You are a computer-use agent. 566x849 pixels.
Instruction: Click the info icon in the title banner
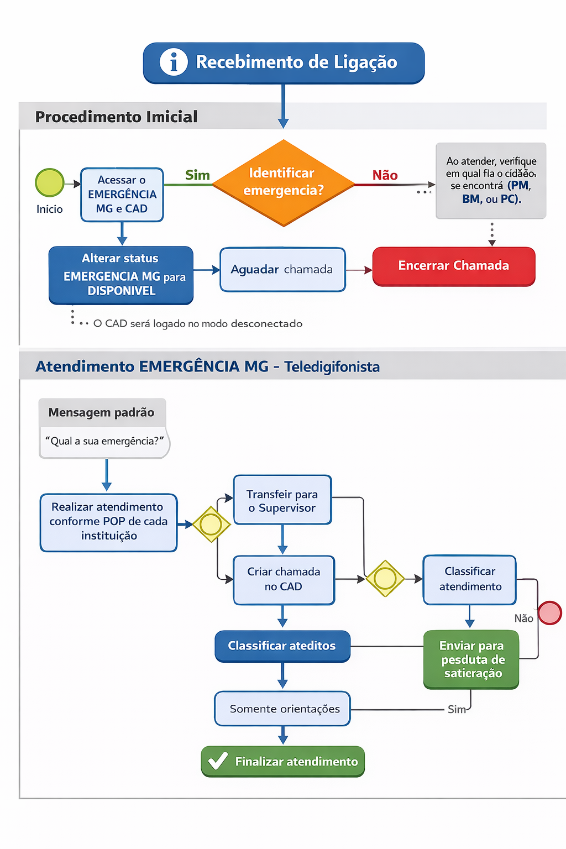click(x=174, y=62)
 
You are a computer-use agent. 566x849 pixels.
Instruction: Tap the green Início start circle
click(x=50, y=183)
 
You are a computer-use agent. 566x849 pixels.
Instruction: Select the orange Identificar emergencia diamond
click(x=283, y=183)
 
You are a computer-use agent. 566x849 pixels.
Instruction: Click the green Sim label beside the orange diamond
click(x=197, y=175)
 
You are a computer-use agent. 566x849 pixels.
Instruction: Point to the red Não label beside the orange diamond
click(x=385, y=175)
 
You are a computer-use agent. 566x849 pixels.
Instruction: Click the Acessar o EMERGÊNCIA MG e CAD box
click(x=122, y=195)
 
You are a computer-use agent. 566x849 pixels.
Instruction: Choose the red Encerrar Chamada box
click(x=454, y=266)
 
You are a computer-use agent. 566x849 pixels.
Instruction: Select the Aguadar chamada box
click(x=282, y=270)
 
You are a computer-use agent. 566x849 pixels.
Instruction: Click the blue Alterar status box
click(x=121, y=275)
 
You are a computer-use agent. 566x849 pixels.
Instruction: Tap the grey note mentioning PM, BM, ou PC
click(x=491, y=180)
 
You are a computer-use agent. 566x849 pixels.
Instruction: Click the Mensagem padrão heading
click(x=101, y=412)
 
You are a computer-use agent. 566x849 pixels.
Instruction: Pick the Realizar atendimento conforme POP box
click(x=108, y=522)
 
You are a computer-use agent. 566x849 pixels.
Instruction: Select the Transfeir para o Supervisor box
click(x=282, y=500)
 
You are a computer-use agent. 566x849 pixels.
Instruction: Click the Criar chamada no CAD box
click(x=284, y=580)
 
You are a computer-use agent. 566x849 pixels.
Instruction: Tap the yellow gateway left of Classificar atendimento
click(x=385, y=578)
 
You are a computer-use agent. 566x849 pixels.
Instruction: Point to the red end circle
click(x=550, y=612)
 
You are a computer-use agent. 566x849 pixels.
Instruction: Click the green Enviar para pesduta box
click(x=471, y=659)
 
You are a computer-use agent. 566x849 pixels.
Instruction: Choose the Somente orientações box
click(x=282, y=709)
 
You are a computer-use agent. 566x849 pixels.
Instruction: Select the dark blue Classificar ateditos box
click(x=282, y=646)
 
